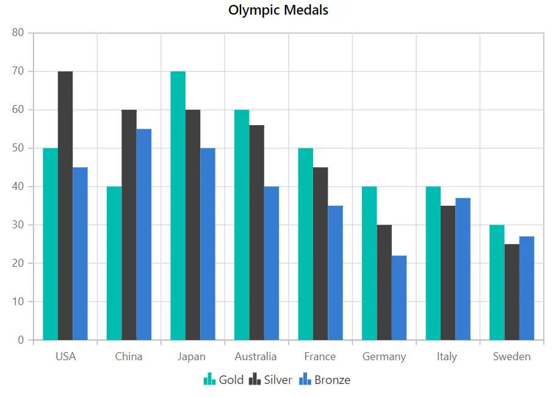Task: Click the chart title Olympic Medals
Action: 278,10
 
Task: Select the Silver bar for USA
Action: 65,206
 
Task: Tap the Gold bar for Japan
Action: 178,206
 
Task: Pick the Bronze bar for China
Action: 144,234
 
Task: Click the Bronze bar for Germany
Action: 399,298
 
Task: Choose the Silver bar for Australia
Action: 257,233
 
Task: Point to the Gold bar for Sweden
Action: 497,283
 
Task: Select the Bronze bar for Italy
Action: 463,269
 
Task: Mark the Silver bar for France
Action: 320,253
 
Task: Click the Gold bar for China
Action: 114,263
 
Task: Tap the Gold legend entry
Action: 224,380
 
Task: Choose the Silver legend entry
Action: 270,380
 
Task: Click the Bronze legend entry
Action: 325,380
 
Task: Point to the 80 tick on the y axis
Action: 18,32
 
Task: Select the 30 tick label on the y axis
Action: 18,225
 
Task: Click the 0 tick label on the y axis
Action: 21,340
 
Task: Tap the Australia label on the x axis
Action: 256,356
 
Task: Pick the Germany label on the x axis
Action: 384,357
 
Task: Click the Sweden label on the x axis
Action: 511,356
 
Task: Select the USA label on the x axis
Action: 65,356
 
